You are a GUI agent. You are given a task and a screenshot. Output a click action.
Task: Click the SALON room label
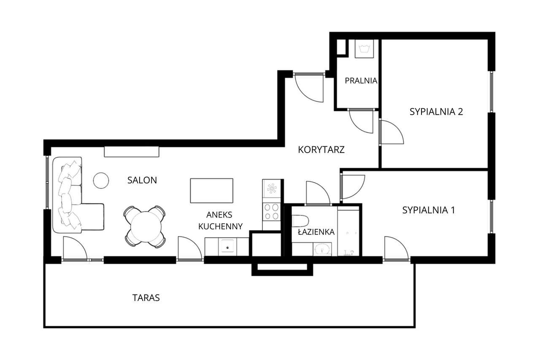click(142, 180)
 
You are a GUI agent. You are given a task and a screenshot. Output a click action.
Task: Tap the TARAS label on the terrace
click(146, 298)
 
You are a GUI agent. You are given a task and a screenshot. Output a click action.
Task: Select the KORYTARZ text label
click(321, 150)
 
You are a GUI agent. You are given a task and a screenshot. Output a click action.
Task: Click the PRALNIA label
click(361, 81)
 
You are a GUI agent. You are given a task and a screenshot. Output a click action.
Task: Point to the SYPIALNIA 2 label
click(436, 112)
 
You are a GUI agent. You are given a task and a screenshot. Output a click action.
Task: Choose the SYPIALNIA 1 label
click(429, 210)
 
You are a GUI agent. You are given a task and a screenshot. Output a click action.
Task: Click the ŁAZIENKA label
click(316, 232)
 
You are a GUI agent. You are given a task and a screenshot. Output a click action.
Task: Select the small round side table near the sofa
click(101, 180)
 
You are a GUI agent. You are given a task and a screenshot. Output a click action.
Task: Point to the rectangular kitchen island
click(211, 191)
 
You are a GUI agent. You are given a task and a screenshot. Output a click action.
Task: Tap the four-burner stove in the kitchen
click(271, 212)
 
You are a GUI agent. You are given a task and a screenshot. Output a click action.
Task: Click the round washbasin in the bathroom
click(323, 250)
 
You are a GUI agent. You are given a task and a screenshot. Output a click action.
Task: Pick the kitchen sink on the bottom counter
click(228, 247)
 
